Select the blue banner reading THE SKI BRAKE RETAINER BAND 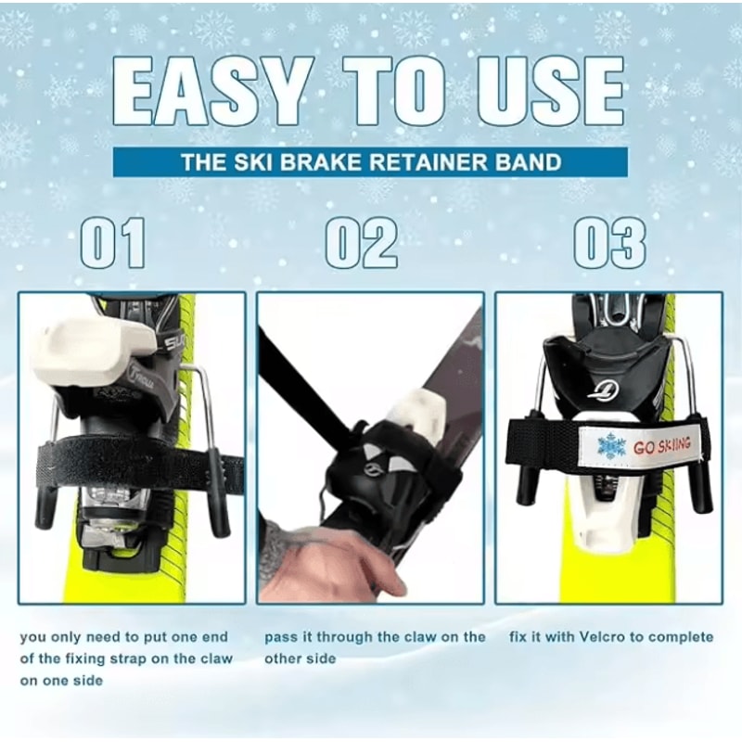371,162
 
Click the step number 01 112,243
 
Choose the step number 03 609,243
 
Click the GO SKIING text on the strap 662,446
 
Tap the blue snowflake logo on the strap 611,446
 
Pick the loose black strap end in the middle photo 297,380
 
